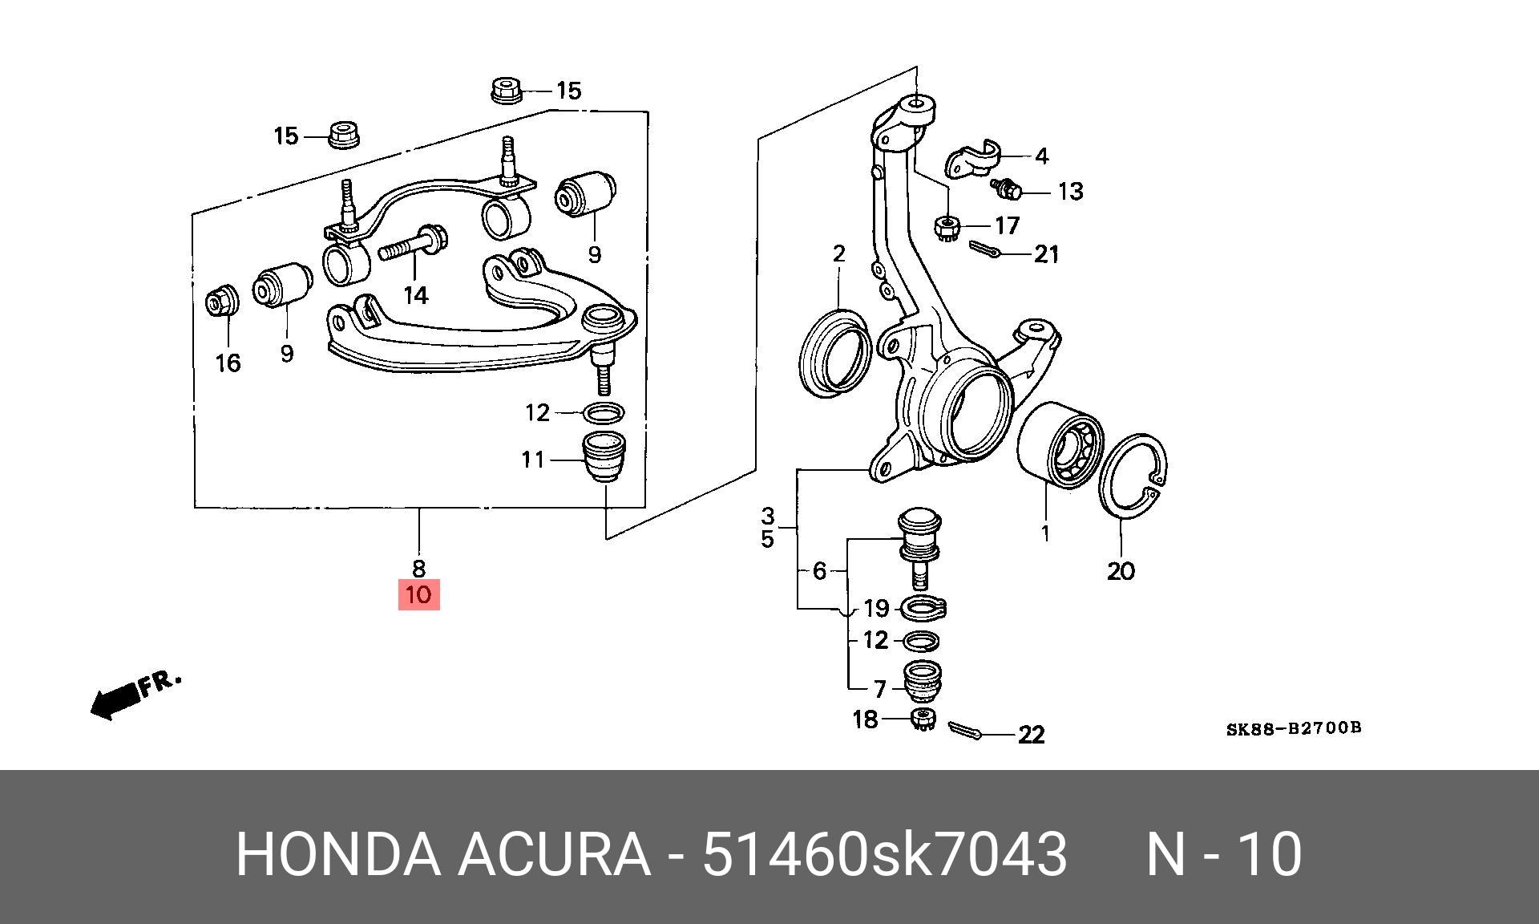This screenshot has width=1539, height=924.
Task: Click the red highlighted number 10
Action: click(418, 595)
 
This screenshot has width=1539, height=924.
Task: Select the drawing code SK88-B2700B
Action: click(1293, 728)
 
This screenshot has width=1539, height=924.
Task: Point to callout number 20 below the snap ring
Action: click(1121, 571)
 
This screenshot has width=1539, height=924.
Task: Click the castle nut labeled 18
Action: click(923, 719)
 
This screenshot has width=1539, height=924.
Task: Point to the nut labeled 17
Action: click(947, 228)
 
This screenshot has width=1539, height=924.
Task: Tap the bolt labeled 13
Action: click(1007, 190)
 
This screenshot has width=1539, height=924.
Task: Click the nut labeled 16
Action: click(220, 302)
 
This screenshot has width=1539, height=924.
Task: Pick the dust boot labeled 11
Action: click(606, 457)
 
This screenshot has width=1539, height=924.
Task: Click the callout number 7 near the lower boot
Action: click(879, 688)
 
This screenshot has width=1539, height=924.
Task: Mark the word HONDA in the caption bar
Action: click(337, 855)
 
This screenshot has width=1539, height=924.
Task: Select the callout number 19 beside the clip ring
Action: click(876, 609)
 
